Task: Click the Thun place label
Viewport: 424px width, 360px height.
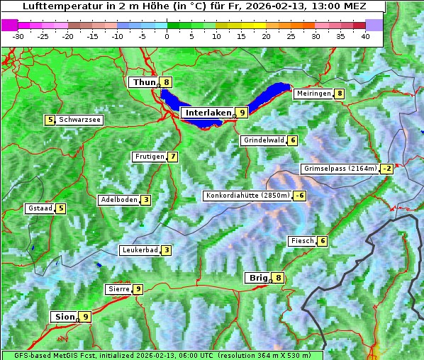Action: point(144,83)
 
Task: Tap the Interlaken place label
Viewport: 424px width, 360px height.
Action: point(208,113)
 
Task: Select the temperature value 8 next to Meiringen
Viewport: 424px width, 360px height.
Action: point(340,94)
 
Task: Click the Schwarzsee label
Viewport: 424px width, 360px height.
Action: point(79,120)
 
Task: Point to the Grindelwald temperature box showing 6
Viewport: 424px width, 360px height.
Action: point(292,140)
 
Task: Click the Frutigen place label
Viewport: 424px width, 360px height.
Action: point(149,157)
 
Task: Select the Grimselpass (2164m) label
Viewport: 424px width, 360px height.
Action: point(340,169)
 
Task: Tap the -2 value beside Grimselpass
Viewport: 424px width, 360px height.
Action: point(386,169)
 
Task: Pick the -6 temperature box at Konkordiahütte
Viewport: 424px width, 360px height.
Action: point(300,196)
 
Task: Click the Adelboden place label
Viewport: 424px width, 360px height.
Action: point(118,200)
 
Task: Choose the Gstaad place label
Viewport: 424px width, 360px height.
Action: point(39,208)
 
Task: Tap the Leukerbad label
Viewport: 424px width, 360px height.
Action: point(139,250)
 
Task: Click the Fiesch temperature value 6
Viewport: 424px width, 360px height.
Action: point(322,241)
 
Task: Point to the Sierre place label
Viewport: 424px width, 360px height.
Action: point(118,289)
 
